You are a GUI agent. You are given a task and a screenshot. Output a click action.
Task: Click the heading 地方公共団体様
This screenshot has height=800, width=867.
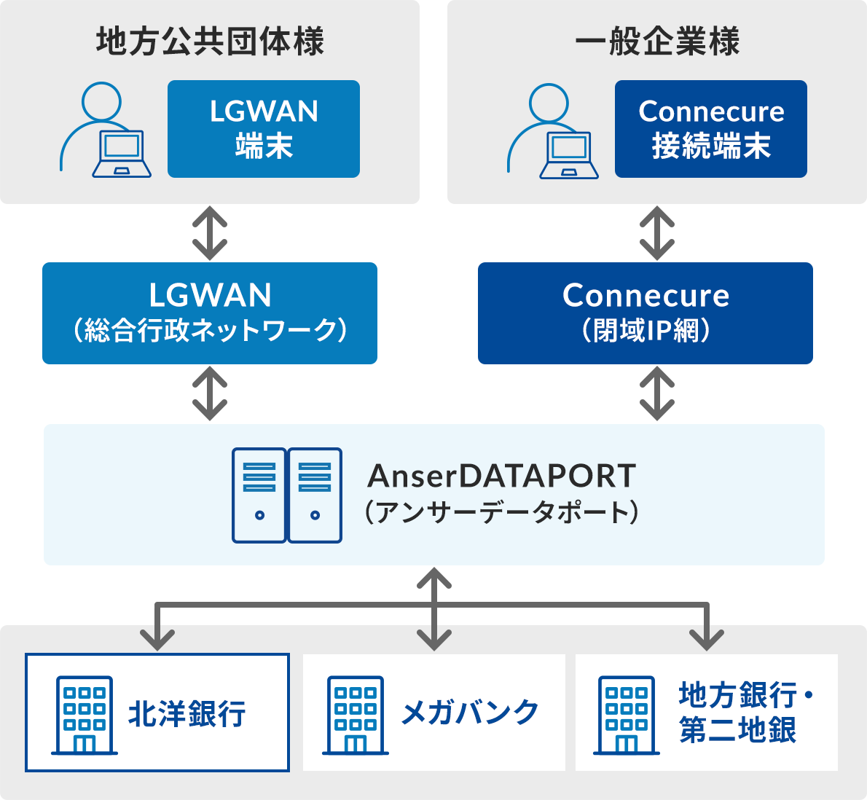[x=210, y=42]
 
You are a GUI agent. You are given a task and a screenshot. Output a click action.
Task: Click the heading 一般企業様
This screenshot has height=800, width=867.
[x=657, y=42]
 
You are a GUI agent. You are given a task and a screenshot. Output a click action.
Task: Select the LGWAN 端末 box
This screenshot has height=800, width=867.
[x=264, y=129]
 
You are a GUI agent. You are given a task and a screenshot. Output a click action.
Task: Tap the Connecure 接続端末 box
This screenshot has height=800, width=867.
[x=710, y=129]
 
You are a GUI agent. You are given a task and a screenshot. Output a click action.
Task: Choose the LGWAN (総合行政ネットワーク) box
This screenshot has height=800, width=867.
[x=210, y=313]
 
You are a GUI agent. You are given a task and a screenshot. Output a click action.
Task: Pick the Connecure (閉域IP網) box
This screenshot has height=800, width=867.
[x=646, y=313]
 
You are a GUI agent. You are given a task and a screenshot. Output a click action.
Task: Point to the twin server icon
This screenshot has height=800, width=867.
[x=287, y=495]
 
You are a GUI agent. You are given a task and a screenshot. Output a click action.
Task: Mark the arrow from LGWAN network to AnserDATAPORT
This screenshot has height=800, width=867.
[x=210, y=393]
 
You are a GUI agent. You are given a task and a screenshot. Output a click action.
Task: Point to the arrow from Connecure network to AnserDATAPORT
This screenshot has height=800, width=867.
[x=657, y=393]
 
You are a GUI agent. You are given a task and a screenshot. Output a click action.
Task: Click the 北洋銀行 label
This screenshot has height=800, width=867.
[x=187, y=713]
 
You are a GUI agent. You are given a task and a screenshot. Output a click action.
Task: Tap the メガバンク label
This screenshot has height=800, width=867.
[x=470, y=713]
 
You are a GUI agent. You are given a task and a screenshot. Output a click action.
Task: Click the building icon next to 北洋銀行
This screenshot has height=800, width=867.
[x=85, y=715]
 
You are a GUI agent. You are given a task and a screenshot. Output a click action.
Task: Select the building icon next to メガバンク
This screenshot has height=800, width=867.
[x=356, y=715]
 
